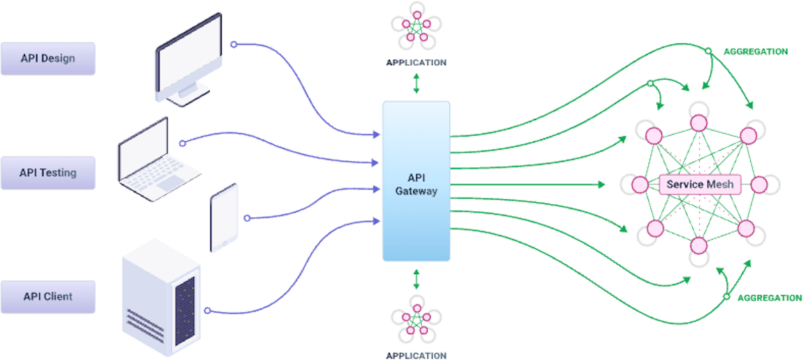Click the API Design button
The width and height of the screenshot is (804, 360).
pyautogui.click(x=48, y=59)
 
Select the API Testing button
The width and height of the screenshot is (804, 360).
pyautogui.click(x=48, y=173)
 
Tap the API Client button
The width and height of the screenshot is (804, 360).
pyautogui.click(x=48, y=296)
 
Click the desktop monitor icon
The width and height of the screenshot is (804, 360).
pyautogui.click(x=187, y=59)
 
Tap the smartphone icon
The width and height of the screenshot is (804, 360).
pyautogui.click(x=224, y=217)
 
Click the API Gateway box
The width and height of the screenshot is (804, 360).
pyautogui.click(x=416, y=182)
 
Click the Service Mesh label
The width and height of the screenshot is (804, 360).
pyautogui.click(x=699, y=185)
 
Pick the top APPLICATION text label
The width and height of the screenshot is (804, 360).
pyautogui.click(x=416, y=62)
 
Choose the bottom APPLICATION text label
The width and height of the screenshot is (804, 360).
pyautogui.click(x=416, y=355)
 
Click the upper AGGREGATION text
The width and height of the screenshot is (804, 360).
pyautogui.click(x=755, y=52)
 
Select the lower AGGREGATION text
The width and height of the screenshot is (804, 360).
pyautogui.click(x=769, y=298)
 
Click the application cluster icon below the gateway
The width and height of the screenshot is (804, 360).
pyautogui.click(x=416, y=318)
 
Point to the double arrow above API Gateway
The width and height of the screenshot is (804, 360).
pyautogui.click(x=416, y=82)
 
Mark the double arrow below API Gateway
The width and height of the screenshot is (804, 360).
pyautogui.click(x=416, y=279)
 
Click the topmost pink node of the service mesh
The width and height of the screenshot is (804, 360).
pyautogui.click(x=698, y=124)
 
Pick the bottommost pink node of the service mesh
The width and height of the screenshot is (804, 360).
pyautogui.click(x=698, y=245)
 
